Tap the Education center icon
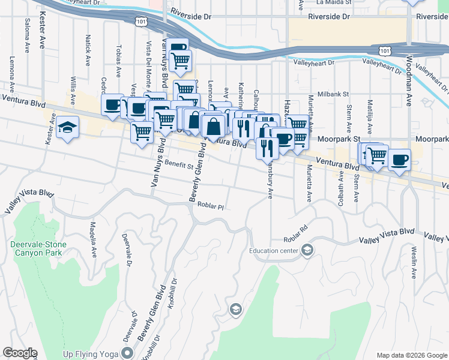click(307, 250)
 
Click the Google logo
click(20, 353)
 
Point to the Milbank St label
click(333, 94)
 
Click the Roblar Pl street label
click(210, 206)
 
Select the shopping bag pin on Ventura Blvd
click(214, 127)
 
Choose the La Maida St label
click(332, 2)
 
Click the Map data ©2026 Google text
click(411, 355)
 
